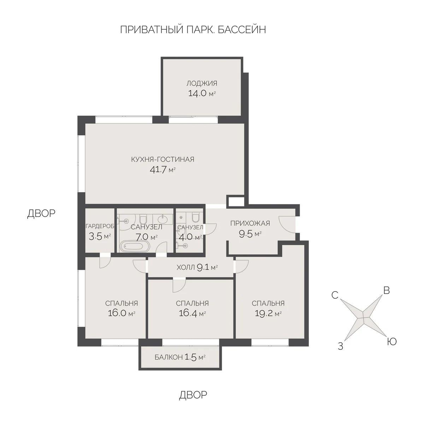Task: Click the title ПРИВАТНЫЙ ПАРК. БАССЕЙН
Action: coord(193,30)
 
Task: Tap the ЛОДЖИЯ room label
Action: coord(202,83)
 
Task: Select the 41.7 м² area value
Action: coord(163,170)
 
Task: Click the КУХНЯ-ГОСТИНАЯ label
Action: coord(163,159)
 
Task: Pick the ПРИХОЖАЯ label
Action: coord(250,223)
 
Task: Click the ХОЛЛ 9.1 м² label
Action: coord(197,267)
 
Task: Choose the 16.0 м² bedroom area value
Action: coord(121,313)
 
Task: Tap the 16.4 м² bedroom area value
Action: coord(192,313)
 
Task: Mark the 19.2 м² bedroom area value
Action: coord(268,313)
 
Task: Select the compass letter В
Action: coord(387,290)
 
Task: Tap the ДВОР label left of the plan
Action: coord(41,214)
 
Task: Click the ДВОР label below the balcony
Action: coord(193,395)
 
